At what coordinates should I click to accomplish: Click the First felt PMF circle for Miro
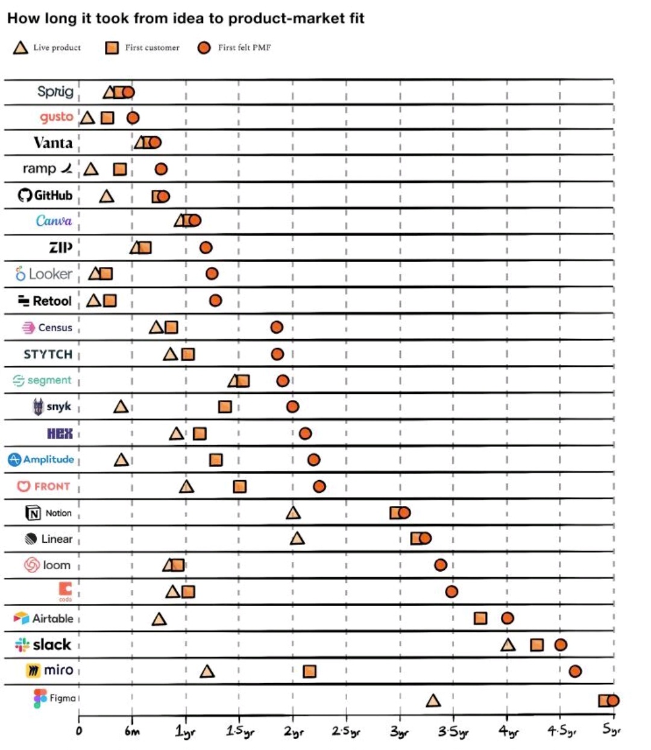click(x=575, y=671)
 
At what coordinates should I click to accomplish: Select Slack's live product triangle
click(x=508, y=645)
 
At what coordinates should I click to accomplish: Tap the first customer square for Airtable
click(x=480, y=618)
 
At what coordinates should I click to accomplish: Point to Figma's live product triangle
click(x=433, y=701)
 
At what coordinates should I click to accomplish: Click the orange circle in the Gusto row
click(x=133, y=117)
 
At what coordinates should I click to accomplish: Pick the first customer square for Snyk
click(x=225, y=407)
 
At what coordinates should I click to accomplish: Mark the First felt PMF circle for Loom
click(x=441, y=565)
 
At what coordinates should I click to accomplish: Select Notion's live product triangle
click(x=293, y=513)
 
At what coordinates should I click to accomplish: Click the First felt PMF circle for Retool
click(x=215, y=300)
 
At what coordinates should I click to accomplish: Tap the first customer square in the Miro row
click(x=309, y=671)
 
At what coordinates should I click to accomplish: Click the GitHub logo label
click(x=45, y=195)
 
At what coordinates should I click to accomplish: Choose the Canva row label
click(x=54, y=221)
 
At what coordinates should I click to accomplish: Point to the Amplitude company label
click(x=41, y=460)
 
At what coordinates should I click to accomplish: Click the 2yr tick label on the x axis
click(x=294, y=732)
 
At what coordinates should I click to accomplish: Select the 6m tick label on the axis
click(x=132, y=731)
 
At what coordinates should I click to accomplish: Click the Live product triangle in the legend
click(x=21, y=48)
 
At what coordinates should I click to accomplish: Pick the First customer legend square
click(x=112, y=48)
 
